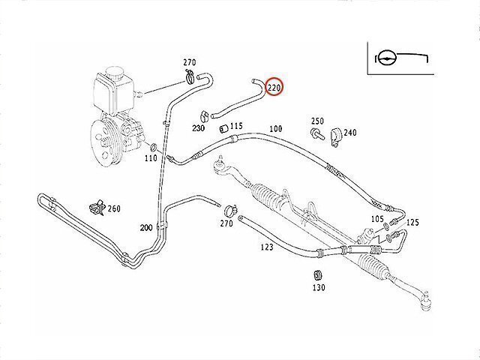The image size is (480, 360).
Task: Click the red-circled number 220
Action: pyautogui.click(x=274, y=88)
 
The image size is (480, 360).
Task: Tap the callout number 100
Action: pyautogui.click(x=275, y=129)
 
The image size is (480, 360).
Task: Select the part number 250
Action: pyautogui.click(x=317, y=121)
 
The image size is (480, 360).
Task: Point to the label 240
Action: pyautogui.click(x=350, y=133)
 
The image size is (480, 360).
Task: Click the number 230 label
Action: pyautogui.click(x=198, y=128)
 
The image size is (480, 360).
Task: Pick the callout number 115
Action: pyautogui.click(x=236, y=126)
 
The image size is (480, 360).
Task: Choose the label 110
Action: pyautogui.click(x=151, y=159)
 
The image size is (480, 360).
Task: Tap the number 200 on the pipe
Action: pyautogui.click(x=146, y=227)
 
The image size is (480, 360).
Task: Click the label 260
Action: pyautogui.click(x=114, y=208)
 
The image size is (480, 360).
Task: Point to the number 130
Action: pyautogui.click(x=319, y=287)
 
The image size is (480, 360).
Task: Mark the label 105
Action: pyautogui.click(x=377, y=219)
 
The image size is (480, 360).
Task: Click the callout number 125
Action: pyautogui.click(x=413, y=223)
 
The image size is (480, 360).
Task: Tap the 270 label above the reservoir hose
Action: pyautogui.click(x=189, y=62)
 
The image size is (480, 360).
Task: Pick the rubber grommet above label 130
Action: pyautogui.click(x=319, y=271)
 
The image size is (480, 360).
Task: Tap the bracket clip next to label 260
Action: pyautogui.click(x=95, y=205)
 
